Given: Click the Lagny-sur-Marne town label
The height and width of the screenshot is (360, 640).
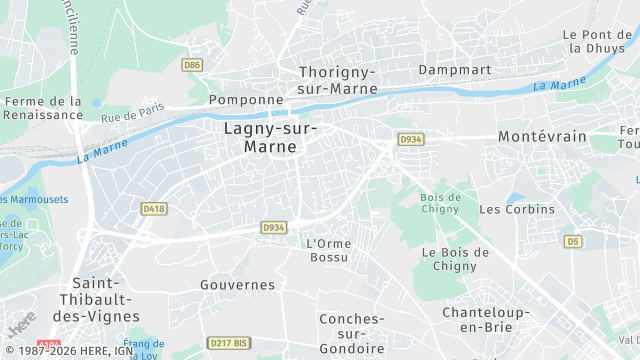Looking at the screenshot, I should coord(270,137).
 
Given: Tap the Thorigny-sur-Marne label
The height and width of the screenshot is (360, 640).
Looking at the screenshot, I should coord(337,80).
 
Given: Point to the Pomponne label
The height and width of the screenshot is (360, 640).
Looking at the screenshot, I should coord(246,100).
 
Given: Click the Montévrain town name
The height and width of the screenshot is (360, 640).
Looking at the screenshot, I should coord(542,136).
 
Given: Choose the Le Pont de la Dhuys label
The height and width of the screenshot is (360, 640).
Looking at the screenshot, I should coord(600,41).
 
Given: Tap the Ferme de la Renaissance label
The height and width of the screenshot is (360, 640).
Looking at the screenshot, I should coord(43,108).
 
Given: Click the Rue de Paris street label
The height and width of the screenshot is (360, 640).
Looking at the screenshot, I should coord(132,116).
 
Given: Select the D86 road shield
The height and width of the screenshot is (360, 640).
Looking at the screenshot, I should coord(192,65).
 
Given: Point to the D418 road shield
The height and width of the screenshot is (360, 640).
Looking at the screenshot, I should coord(152,208).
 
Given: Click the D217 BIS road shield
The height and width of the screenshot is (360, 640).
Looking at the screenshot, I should coord(229,343).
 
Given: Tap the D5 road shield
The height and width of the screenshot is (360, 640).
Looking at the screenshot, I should coord(572,241).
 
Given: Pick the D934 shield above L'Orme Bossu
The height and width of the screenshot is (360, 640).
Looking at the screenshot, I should coord(274,228).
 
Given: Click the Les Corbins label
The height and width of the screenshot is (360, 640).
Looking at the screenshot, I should coord(516,209).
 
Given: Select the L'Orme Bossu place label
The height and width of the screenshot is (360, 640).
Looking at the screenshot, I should coord(327,251).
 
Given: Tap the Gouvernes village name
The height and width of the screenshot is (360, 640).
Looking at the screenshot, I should coord(237,285).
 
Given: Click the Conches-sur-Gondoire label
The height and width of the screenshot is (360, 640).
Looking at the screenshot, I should coord(350,333).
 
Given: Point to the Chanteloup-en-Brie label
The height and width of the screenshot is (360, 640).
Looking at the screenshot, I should coord(485,320).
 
